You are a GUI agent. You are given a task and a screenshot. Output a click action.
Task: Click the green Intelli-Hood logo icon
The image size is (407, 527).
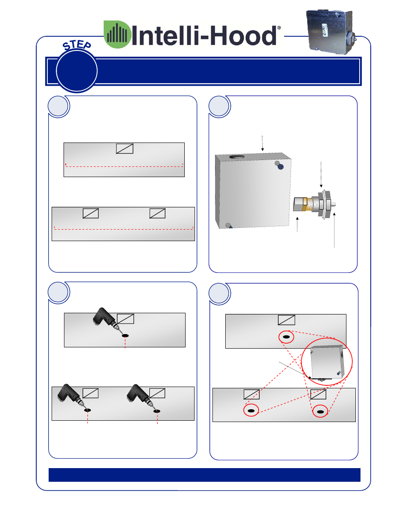(x=117, y=34)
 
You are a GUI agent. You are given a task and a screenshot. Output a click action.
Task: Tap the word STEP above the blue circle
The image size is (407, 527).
(x=77, y=45)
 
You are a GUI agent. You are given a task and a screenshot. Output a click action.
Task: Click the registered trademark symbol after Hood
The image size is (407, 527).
(x=279, y=28)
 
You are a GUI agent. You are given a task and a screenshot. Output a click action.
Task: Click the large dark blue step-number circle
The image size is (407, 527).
(x=77, y=71)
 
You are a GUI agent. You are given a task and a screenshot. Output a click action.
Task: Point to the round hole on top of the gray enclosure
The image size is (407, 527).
(x=237, y=157)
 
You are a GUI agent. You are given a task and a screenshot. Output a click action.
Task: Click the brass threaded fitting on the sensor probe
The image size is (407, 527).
(x=309, y=204)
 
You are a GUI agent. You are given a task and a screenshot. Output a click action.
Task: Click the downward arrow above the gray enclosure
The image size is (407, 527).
(x=262, y=143)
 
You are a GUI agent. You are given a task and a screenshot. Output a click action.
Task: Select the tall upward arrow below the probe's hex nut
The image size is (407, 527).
(x=334, y=230)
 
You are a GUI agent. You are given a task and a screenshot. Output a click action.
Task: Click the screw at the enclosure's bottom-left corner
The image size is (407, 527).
(x=228, y=225)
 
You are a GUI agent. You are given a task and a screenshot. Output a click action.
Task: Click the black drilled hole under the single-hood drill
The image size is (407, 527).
(x=125, y=336)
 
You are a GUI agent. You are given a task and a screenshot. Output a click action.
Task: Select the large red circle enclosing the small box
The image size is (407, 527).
(x=326, y=361)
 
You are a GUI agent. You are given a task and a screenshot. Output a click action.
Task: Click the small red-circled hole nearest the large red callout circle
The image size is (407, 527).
(x=286, y=337)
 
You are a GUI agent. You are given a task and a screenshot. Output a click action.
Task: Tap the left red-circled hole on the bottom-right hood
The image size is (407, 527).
(x=251, y=410)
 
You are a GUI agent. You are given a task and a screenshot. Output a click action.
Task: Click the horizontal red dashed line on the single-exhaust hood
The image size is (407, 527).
(x=124, y=166)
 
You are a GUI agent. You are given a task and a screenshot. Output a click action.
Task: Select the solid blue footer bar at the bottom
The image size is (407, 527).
(x=204, y=475)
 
